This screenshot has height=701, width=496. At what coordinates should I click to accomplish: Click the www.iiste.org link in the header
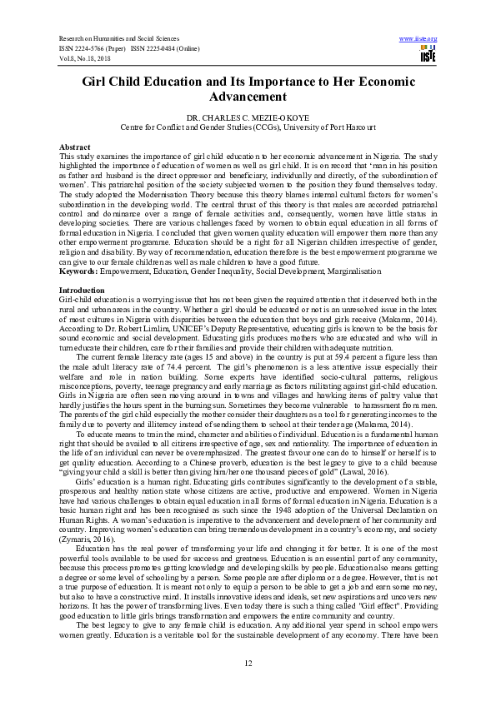click(418, 38)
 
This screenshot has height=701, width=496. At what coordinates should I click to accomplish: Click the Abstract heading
click(74, 146)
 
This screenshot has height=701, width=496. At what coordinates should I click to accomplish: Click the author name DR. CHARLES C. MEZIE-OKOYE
click(248, 118)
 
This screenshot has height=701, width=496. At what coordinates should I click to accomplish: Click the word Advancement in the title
click(248, 97)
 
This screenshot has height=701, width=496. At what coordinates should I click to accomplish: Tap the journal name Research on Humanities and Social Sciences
click(115, 39)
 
